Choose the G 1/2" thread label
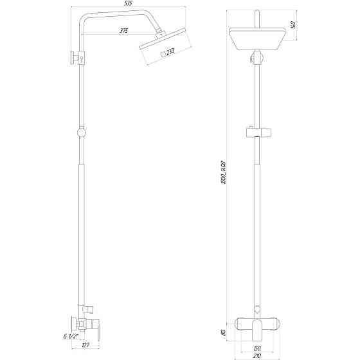(x=71, y=336)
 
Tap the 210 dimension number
(x=257, y=355)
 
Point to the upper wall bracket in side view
(x=75, y=59)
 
